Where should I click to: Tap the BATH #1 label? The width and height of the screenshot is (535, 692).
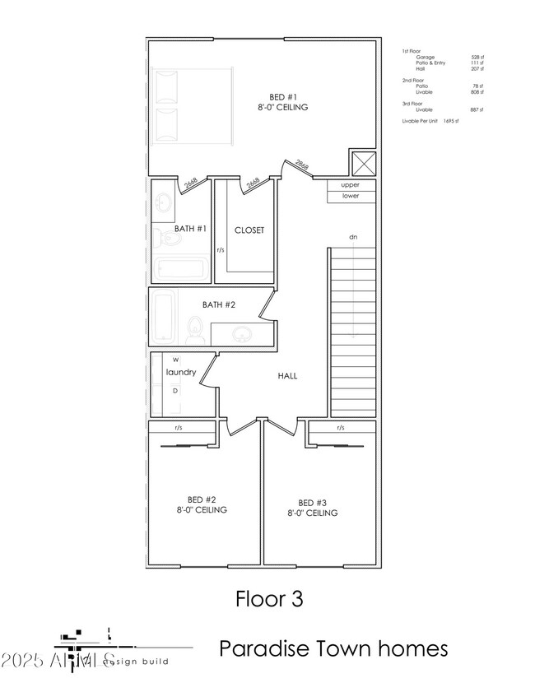[x=190, y=229]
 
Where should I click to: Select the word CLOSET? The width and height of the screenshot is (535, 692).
[x=249, y=230]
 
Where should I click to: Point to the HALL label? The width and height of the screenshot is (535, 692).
[x=286, y=376]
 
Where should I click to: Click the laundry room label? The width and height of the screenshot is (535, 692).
[x=181, y=373]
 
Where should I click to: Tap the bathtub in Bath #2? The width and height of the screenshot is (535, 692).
[x=163, y=318]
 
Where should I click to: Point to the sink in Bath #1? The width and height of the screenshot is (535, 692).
[x=164, y=202]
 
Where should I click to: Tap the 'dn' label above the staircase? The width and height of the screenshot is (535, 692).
[x=353, y=237]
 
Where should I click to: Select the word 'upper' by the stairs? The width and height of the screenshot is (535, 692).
[x=351, y=185]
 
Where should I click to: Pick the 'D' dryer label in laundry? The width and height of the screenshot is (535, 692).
[x=175, y=391]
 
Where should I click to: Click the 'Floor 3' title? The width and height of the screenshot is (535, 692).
[x=269, y=598]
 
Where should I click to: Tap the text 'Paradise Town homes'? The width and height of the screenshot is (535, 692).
[x=333, y=648]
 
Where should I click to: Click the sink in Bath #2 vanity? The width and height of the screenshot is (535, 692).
[x=242, y=334]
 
